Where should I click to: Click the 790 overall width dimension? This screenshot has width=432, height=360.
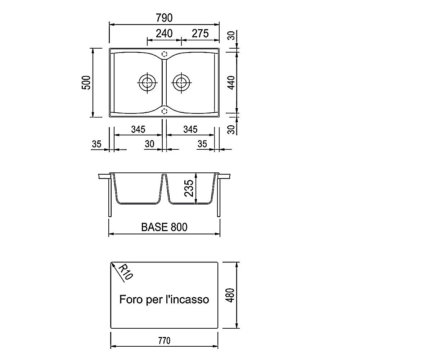coord(164,18)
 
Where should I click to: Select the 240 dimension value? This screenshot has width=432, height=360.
coord(164,33)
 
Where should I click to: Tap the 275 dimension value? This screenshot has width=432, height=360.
coord(200,33)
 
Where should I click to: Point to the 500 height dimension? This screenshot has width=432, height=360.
coord(86,82)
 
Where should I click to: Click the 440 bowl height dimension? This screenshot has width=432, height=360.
coord(231,82)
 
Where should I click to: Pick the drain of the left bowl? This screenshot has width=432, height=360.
coord(147,82)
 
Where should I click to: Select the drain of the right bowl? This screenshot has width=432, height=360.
coord(181,82)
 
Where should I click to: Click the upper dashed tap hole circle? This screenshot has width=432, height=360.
coord(164,54)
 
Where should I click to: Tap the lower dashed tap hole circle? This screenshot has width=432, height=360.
coord(164,111)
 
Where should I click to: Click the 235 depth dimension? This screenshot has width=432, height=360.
coord(189,188)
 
